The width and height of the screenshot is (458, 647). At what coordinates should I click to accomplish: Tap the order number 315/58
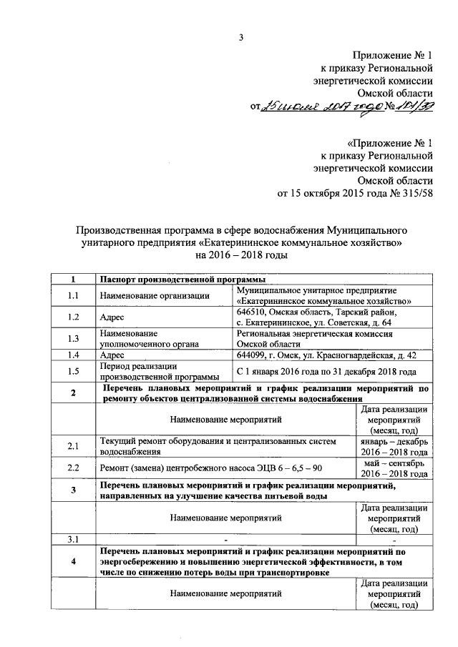point(416,192)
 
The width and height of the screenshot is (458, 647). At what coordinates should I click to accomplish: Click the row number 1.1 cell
point(73,295)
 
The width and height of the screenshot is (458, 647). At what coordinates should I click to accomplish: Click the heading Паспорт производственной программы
point(183,279)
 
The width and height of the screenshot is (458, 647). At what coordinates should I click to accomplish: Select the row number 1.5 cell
point(73,371)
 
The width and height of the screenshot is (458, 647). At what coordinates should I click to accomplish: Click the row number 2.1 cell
point(73,447)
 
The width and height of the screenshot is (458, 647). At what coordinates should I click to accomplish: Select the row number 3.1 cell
point(73,538)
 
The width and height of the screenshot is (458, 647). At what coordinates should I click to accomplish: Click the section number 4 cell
point(73,562)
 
